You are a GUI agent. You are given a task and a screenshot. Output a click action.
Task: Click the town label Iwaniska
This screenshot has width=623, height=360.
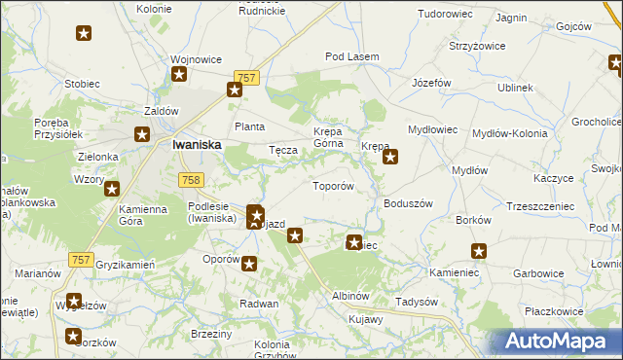click(x=196, y=144)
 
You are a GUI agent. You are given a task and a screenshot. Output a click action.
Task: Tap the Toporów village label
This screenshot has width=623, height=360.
click(x=331, y=185)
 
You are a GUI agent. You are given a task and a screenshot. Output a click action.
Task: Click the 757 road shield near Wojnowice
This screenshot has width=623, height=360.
click(x=245, y=77)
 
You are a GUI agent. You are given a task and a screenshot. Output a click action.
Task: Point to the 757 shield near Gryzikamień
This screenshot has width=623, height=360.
click(x=82, y=259)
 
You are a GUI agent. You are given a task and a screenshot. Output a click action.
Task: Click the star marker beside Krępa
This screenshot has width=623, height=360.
click(x=390, y=155)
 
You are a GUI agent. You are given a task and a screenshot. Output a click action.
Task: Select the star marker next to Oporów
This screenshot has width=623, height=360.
click(x=250, y=263)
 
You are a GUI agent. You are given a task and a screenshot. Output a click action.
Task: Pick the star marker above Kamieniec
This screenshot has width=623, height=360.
click(x=478, y=251)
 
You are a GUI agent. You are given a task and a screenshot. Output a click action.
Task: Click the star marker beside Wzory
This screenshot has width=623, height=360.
click(x=112, y=190)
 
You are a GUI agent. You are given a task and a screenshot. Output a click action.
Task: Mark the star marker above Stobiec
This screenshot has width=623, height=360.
click(x=84, y=34)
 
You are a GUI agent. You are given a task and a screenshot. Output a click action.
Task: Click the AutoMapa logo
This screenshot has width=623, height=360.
click(x=556, y=342)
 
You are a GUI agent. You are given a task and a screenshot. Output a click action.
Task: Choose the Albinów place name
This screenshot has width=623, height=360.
click(x=350, y=295)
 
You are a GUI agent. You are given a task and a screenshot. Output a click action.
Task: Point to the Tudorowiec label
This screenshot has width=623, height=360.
click(x=444, y=15)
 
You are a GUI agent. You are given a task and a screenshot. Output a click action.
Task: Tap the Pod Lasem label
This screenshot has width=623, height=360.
click(x=351, y=57)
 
